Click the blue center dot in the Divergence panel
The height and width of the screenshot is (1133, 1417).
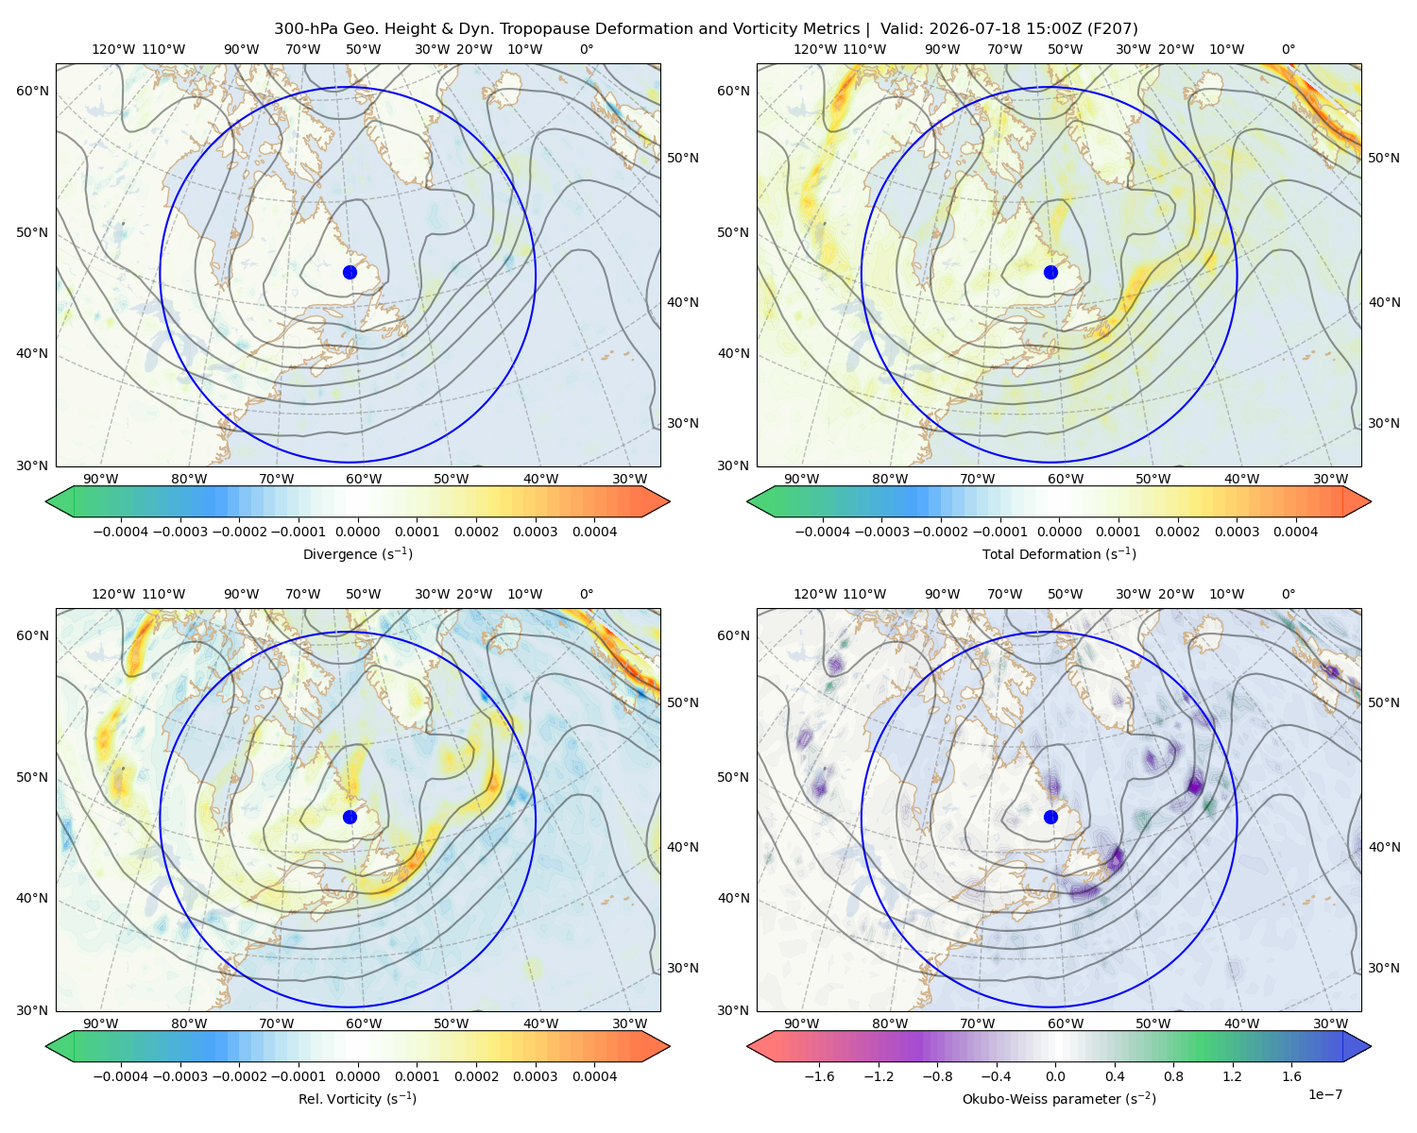click(350, 272)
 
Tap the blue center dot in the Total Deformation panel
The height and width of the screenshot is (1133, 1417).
click(1050, 272)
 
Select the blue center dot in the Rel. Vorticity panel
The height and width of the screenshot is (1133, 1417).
click(350, 817)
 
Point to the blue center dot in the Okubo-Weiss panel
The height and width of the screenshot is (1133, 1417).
click(1050, 817)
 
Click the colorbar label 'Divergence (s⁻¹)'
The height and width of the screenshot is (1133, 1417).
click(357, 553)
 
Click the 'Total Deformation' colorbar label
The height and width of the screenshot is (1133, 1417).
click(1033, 553)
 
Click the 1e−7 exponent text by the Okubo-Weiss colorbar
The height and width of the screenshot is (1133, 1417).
click(1324, 1094)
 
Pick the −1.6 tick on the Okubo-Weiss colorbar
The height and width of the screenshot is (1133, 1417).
click(819, 1075)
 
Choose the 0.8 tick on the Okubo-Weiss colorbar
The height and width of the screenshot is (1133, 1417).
click(1173, 1075)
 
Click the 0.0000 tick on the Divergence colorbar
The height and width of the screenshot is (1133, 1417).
click(357, 532)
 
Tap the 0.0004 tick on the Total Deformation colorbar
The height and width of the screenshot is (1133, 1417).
click(1295, 532)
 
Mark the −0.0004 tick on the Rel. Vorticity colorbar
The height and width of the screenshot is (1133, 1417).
click(121, 1075)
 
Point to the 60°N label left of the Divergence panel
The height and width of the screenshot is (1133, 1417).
click(32, 91)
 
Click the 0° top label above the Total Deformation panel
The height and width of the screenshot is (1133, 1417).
click(1288, 49)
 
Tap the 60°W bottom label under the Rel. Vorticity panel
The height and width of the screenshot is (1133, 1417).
click(364, 1023)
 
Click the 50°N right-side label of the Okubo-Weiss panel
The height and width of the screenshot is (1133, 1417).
click(1383, 702)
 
